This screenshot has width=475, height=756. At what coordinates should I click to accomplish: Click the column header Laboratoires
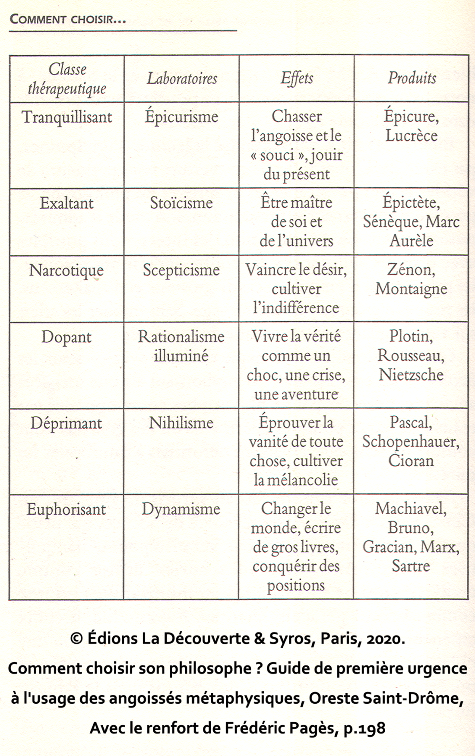point(182,79)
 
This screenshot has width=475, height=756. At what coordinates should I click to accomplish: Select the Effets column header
point(297,78)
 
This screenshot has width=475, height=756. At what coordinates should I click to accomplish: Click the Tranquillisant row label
point(67,117)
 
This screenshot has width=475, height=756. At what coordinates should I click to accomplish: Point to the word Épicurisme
point(181,117)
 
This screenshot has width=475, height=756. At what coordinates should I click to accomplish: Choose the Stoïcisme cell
point(181,203)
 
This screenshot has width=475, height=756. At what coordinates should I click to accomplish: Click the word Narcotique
point(66,271)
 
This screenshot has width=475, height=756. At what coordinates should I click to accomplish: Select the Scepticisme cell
point(181,270)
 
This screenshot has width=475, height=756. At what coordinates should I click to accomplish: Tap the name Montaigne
point(411,289)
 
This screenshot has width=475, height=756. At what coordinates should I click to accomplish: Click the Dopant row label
point(66,337)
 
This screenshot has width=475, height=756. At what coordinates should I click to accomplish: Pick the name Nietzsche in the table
point(411,375)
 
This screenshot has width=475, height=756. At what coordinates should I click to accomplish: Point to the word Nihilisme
point(181,423)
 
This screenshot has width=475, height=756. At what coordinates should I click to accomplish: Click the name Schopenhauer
point(411,442)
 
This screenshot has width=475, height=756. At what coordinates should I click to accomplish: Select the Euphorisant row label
point(66,509)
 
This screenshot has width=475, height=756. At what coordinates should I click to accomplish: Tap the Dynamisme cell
point(181,509)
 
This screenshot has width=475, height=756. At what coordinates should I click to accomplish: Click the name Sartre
point(411,566)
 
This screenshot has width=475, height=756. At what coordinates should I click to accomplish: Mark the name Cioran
point(411,461)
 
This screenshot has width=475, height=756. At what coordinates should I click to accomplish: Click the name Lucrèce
point(412,136)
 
